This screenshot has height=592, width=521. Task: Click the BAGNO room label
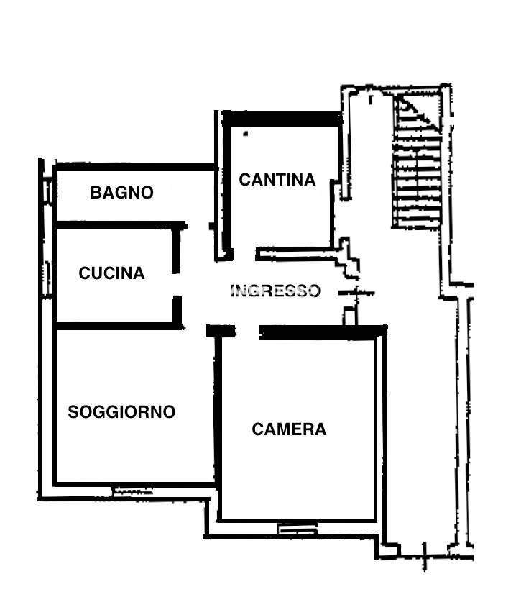tap(122, 193)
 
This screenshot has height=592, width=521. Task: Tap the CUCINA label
tap(111, 273)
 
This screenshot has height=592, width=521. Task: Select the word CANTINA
tap(277, 180)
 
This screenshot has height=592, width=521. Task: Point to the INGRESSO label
tap(275, 291)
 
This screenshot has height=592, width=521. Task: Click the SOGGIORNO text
tap(121, 412)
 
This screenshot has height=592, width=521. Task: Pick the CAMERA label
tap(289, 429)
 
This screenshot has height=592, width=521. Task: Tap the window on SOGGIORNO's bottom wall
tap(133, 491)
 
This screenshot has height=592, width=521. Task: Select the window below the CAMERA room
tap(298, 529)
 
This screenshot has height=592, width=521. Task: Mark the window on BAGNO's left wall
tap(47, 191)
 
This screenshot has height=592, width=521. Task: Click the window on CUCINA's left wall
tap(48, 278)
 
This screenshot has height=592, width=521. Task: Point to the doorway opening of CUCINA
tap(177, 285)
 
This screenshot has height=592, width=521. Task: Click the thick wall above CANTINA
tap(282, 119)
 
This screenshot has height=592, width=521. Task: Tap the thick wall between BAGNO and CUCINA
tap(121, 225)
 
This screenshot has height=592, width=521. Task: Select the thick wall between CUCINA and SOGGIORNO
tap(119, 326)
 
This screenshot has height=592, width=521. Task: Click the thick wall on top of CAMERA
tap(323, 332)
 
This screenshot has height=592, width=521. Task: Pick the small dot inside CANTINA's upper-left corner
tap(246, 133)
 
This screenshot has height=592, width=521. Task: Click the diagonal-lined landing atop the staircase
tap(418, 111)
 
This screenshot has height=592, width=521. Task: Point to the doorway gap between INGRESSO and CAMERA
tap(247, 332)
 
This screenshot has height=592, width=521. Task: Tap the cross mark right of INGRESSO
tap(357, 292)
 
